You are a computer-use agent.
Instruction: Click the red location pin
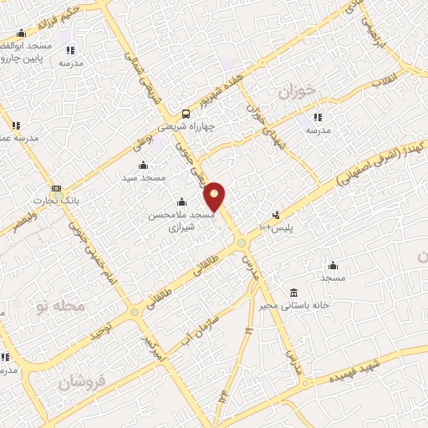216,196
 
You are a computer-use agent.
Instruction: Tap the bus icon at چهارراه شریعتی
185,115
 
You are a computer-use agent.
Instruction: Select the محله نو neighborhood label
61,307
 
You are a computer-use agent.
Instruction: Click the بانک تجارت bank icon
56,188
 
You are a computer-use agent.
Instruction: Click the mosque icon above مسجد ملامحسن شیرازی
181,201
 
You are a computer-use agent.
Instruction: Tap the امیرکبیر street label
155,348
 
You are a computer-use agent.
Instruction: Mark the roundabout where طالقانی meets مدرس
242,242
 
